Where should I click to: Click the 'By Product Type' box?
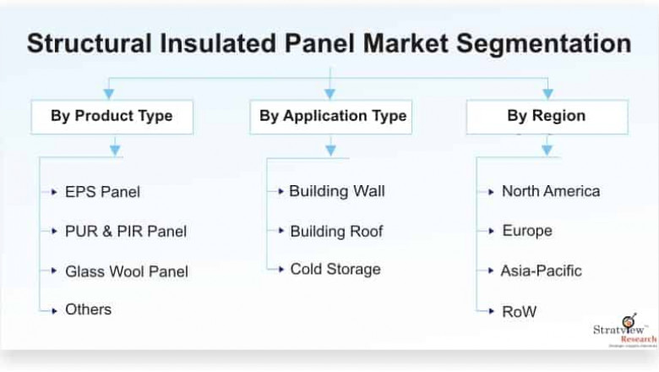tap(112, 116)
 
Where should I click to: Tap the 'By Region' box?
tap(546, 116)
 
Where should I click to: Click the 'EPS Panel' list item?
tap(102, 192)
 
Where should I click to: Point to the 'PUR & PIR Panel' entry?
tap(126, 231)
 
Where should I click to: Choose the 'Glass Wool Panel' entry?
tap(127, 271)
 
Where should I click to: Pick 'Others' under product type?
tap(88, 309)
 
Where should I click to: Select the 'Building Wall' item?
tap(336, 191)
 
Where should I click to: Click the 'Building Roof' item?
tap(336, 231)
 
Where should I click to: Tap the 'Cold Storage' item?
tap(335, 270)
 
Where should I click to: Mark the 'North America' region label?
tap(550, 191)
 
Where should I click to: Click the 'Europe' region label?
tap(526, 231)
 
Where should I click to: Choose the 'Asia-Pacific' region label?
tap(541, 271)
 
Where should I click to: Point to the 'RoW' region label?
tap(519, 311)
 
